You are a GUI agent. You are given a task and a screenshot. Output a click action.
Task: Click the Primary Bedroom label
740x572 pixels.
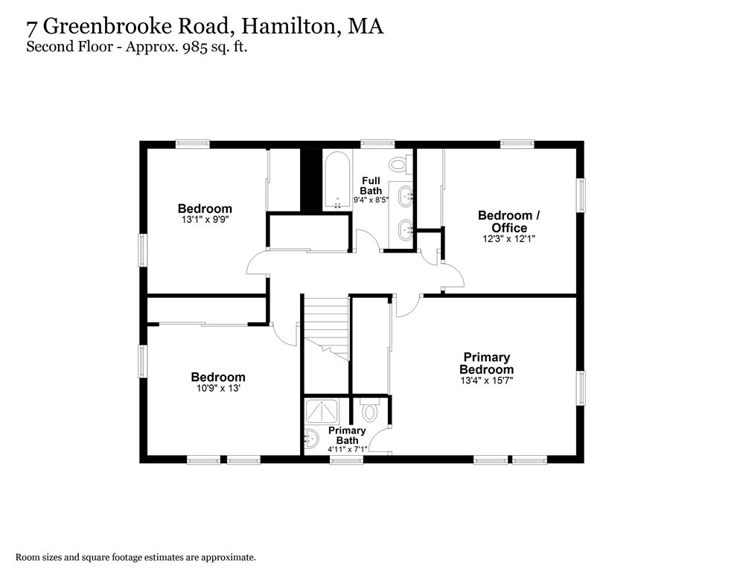tap(486, 363)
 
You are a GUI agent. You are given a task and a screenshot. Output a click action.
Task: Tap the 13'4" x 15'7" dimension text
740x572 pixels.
tap(486, 381)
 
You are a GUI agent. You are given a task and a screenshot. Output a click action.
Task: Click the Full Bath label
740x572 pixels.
tap(371, 185)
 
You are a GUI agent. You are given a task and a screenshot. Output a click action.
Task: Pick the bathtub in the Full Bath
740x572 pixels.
tap(336, 181)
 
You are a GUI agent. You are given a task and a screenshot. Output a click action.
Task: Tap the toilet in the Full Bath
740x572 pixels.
tap(398, 164)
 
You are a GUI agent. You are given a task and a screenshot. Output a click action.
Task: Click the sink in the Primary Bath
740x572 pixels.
tap(311, 438)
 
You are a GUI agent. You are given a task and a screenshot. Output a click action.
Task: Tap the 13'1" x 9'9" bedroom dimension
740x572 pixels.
tap(204, 220)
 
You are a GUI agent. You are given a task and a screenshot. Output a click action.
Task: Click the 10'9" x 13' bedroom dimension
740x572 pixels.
tap(217, 388)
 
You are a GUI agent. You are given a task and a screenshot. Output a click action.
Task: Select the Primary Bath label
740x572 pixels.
tap(347, 436)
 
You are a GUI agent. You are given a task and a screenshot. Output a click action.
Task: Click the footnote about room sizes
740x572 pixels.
tap(136, 556)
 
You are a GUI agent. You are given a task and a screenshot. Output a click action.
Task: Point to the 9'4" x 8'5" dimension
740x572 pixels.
tap(371, 199)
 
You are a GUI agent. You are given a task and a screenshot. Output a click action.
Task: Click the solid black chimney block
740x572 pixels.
tap(310, 180)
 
